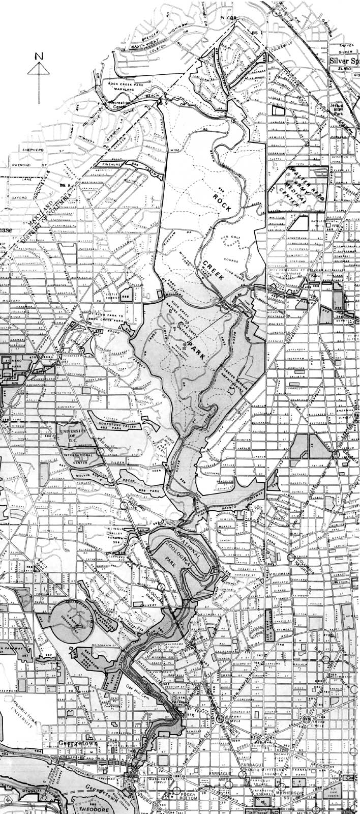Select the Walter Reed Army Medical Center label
tap(299, 184)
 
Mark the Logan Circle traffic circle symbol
tap(307, 718)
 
